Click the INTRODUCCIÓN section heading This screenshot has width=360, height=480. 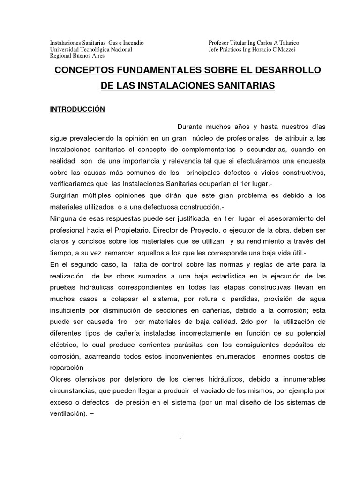pos(77,110)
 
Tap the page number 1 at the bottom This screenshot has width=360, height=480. pos(180,437)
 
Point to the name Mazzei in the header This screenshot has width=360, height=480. pos(290,49)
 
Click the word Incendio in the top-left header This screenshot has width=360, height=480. pos(131,43)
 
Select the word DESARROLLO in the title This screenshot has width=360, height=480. pos(287,70)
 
